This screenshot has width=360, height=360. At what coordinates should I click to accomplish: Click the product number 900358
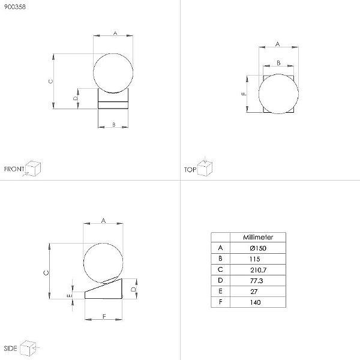(15, 7)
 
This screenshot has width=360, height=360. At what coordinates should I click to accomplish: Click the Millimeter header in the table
(258, 237)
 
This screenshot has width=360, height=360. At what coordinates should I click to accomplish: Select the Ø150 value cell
(258, 248)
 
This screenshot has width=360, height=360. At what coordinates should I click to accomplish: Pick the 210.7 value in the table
(258, 270)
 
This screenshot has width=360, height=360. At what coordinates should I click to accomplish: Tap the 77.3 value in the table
(256, 281)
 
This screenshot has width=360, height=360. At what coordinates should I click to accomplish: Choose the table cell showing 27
(254, 292)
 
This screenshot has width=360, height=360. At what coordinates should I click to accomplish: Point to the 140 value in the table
(256, 302)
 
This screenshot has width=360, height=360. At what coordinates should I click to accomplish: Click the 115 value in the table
(255, 259)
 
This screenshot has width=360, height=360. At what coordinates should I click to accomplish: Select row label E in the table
(220, 292)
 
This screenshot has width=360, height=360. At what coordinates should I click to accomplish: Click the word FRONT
(14, 169)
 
